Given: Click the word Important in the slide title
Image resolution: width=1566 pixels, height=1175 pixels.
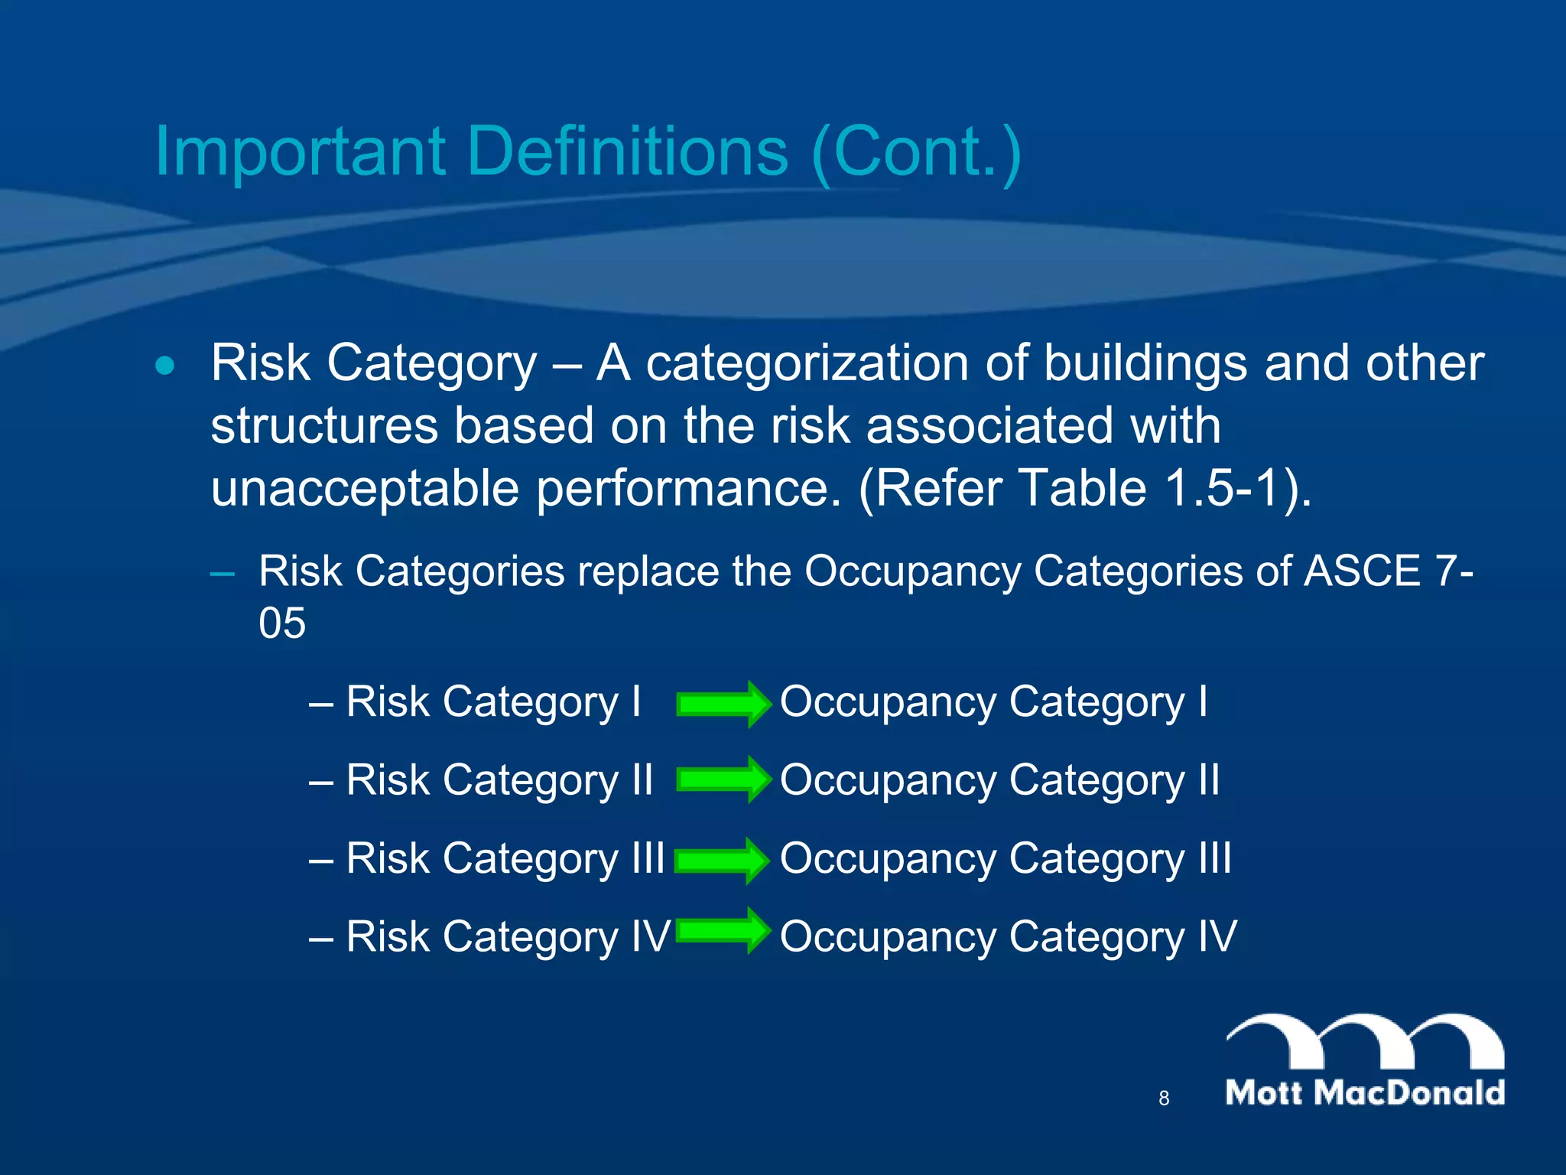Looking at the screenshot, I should (300, 153).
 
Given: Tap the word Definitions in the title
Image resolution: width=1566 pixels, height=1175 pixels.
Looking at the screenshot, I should (627, 151).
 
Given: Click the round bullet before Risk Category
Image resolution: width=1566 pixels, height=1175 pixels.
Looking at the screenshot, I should (164, 366).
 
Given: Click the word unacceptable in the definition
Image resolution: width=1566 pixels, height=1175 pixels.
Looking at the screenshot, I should (365, 490).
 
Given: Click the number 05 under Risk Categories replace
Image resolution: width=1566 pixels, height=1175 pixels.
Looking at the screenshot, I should (282, 623).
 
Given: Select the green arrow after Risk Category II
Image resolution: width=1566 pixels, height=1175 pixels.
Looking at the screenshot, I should (723, 780).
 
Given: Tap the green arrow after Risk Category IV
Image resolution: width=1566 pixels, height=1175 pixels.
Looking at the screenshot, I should (723, 930).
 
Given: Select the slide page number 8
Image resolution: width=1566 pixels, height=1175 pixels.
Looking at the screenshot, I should (1164, 1099).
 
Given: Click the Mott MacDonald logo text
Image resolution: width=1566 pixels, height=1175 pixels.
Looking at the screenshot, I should (1365, 1092).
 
